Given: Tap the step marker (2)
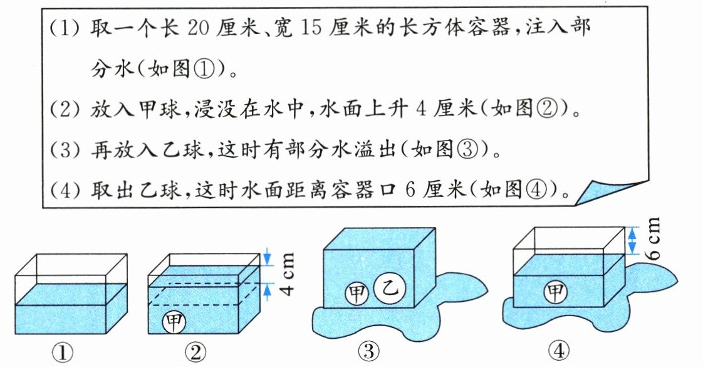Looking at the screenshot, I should [x=63, y=114].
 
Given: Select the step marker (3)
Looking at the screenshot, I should [x=63, y=151].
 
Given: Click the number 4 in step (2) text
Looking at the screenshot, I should [x=421, y=114].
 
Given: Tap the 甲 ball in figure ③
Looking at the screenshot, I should [x=357, y=292].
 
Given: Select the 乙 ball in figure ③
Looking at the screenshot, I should [x=388, y=289].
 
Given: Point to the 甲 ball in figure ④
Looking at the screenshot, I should [x=555, y=292].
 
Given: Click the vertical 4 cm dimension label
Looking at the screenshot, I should [x=287, y=271].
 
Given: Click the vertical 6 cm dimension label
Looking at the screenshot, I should [x=652, y=239].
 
